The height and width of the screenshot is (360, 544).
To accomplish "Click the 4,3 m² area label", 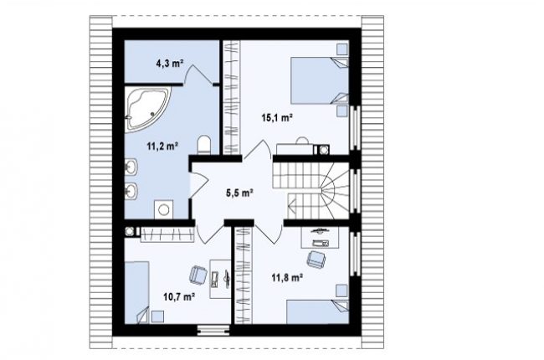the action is coord(170,64).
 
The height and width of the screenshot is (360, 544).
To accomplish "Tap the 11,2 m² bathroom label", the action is coord(162,147).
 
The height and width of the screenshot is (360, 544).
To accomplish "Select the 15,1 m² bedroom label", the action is coord(277,118).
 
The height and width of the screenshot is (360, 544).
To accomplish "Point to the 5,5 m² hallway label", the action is coord(239,193).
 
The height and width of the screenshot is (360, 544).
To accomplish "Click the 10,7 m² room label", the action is coord(178,297).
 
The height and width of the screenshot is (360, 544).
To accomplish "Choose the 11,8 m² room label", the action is coord(287,278).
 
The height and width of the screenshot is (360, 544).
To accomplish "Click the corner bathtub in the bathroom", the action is coord(146,108).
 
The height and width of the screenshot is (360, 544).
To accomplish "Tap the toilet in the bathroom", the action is coord(204,144).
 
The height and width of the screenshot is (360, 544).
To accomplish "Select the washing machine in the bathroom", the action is coord(164,209).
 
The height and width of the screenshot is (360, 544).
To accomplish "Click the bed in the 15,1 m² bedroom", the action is coord(319,80).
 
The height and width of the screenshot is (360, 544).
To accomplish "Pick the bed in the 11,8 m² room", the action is coord(317,312).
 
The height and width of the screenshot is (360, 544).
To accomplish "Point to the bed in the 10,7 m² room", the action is coord(136,293).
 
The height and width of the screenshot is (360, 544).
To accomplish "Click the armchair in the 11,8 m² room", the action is coord(316,260).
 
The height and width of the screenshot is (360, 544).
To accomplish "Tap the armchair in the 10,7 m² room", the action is coord(198,275).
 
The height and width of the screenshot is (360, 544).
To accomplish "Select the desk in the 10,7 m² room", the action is coord(220,279).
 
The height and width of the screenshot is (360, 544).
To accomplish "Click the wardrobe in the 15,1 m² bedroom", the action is coord(231,97).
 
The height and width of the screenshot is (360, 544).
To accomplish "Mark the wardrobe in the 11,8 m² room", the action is coord(243,275).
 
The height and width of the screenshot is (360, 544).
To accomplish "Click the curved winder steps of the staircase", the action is coord(335,191).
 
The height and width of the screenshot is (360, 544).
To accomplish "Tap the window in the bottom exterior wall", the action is coord(213,330).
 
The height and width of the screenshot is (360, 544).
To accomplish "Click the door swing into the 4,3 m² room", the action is coord(198,74).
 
